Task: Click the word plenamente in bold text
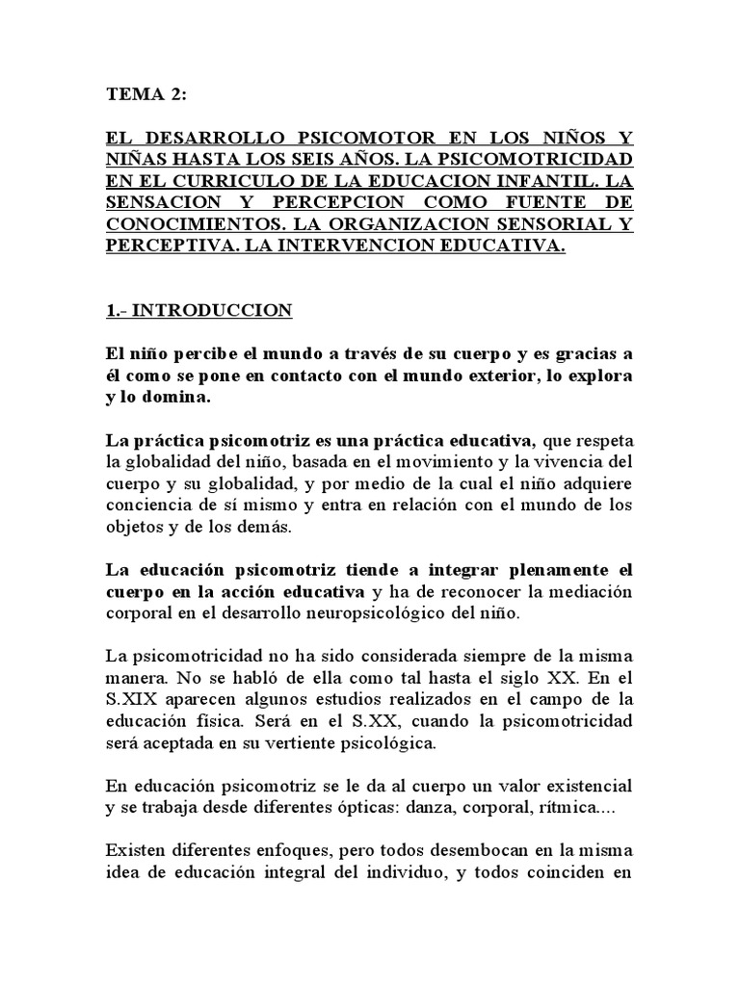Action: pos(524,568)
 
